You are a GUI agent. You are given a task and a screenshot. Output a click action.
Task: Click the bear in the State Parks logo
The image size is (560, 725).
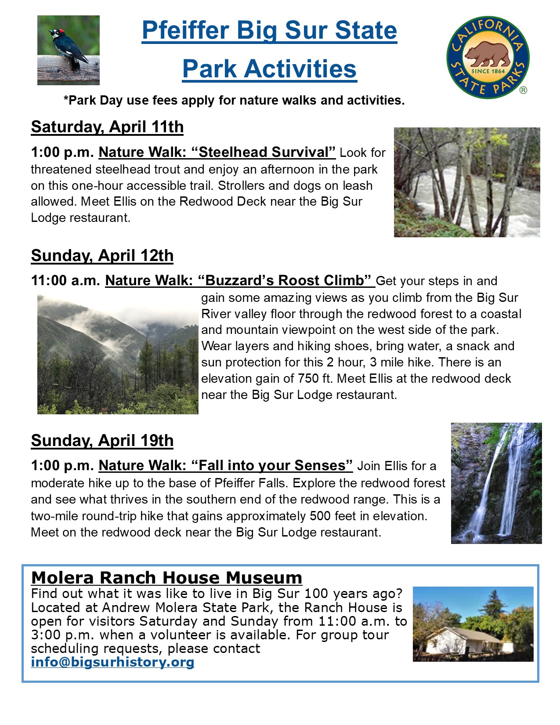(x=488, y=54)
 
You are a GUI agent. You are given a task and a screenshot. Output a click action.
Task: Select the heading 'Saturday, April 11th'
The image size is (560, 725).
(x=107, y=127)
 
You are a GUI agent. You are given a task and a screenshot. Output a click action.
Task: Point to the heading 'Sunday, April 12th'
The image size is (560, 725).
(x=102, y=256)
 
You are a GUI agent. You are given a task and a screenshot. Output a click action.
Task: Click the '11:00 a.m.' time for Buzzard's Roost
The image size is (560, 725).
(x=65, y=280)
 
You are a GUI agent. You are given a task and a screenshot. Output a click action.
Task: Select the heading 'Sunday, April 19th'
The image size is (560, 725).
(x=102, y=441)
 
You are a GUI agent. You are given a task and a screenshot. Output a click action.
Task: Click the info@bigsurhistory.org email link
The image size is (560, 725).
(x=112, y=662)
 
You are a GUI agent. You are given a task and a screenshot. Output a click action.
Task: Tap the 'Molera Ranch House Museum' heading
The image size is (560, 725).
(x=166, y=577)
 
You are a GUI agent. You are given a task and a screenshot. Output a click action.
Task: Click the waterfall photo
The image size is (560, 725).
(x=496, y=483)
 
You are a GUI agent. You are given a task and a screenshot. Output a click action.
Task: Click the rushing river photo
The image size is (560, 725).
(x=467, y=182)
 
